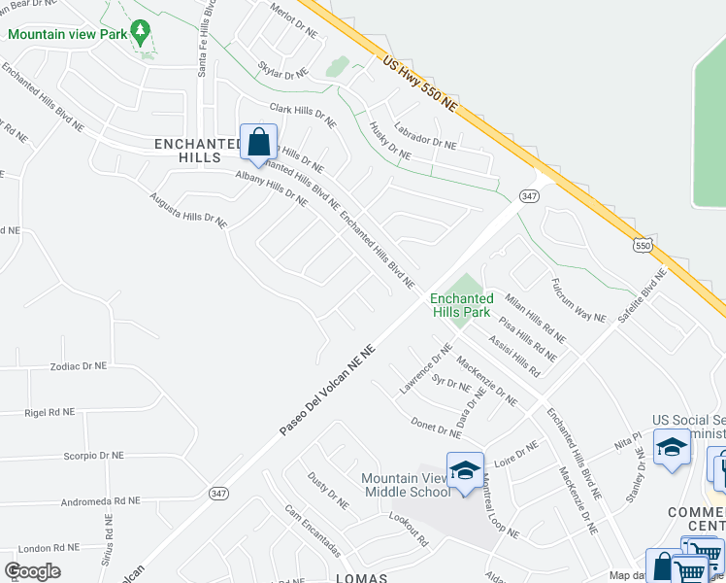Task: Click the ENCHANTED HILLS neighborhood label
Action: tap(199, 151)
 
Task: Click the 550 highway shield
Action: tap(643, 247)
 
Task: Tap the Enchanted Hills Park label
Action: tap(462, 306)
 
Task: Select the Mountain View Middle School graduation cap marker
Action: tap(465, 471)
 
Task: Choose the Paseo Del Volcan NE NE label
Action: tap(327, 392)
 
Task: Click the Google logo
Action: tap(32, 571)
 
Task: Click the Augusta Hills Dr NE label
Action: tap(188, 210)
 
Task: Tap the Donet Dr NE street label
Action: tap(435, 427)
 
